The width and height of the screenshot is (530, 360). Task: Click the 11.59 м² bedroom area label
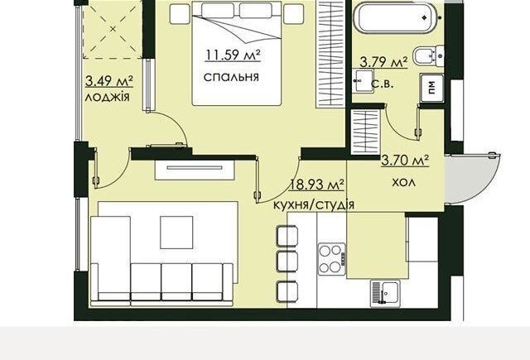233,55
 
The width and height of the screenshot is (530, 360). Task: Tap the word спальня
231,77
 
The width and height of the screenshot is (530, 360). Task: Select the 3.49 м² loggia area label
108,81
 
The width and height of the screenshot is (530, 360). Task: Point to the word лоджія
107,98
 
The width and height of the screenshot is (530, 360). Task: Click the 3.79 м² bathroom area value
383,62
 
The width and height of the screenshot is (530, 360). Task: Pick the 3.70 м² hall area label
405,160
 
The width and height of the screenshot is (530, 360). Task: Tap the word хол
403,183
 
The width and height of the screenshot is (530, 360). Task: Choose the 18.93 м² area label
316,185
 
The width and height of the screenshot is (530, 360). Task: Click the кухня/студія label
314,204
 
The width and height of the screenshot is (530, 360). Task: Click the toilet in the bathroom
427,55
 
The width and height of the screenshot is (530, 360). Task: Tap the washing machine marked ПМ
431,88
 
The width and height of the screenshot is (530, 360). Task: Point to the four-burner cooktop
331,259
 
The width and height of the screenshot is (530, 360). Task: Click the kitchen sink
385,294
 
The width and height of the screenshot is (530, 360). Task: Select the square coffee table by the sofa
176,233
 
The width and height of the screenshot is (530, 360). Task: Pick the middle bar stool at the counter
287,261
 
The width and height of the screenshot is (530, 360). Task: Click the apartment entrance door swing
472,178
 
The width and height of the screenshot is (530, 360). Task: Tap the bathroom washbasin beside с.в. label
363,81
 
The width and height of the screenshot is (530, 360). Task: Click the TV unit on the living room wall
195,170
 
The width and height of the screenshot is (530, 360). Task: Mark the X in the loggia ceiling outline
113,30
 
